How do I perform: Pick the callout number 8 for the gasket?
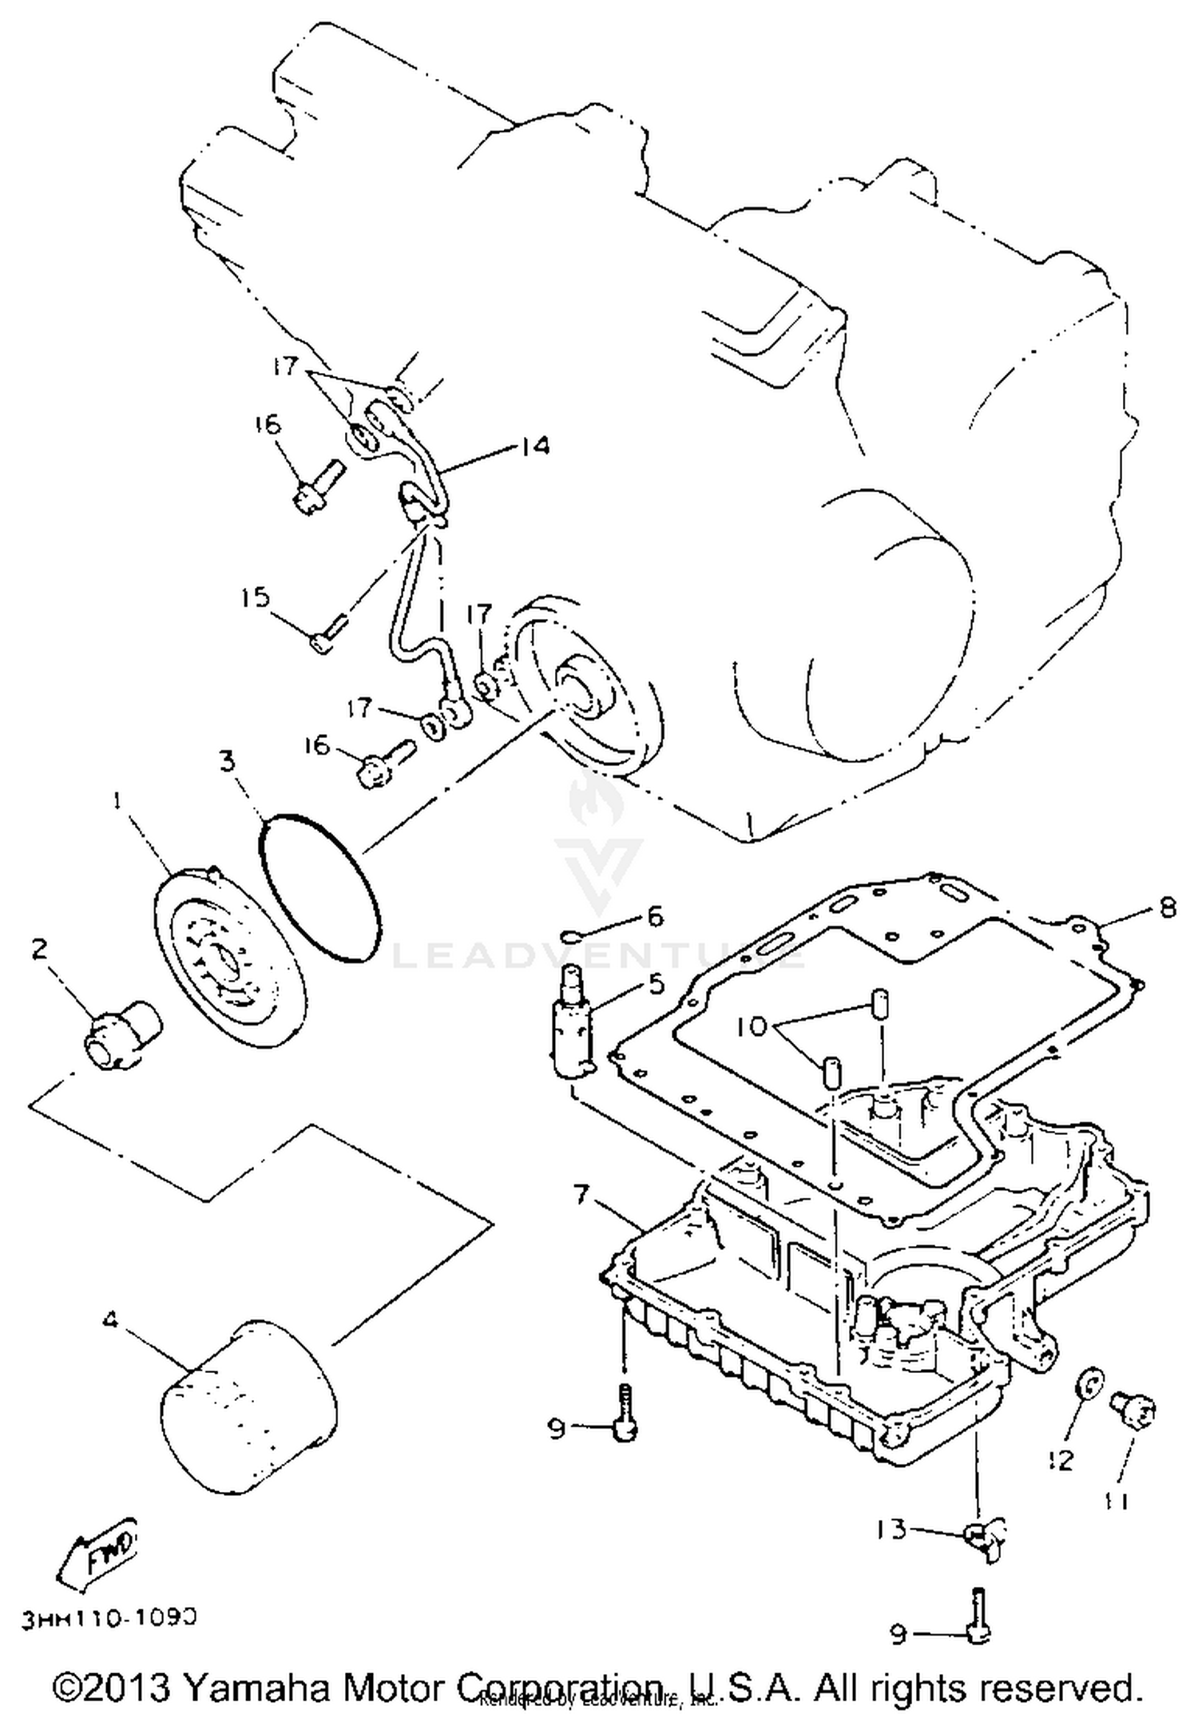(x=1167, y=909)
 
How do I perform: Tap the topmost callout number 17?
(x=283, y=366)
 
